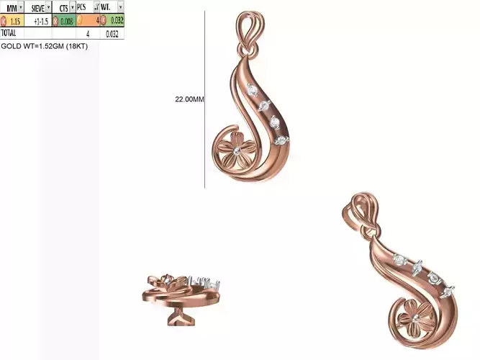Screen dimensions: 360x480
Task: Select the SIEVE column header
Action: (37, 7)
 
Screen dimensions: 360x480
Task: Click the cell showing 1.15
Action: (15, 21)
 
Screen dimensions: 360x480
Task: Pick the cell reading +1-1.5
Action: (40, 21)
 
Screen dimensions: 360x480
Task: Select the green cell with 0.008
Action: (65, 21)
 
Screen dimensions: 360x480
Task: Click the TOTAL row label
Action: (9, 33)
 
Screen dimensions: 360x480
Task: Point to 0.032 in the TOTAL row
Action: (112, 33)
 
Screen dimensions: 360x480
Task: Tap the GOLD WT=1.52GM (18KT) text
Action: (44, 45)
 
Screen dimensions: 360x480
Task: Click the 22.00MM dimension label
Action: (189, 99)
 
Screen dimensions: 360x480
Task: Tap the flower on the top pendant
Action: (236, 150)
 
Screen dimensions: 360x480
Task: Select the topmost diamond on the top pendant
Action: (251, 90)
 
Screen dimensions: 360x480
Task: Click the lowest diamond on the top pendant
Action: (282, 138)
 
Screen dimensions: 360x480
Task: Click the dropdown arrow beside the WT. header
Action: (119, 7)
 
